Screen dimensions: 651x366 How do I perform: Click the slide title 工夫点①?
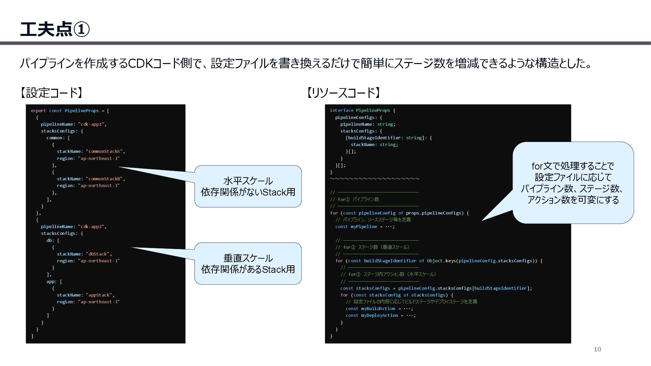coord(55,29)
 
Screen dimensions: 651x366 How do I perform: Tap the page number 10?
coord(597,349)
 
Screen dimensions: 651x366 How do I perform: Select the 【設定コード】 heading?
coord(51,93)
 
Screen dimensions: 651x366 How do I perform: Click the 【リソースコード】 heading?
coord(343,93)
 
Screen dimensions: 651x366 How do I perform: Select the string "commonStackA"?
coord(105,151)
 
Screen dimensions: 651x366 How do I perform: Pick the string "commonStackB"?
coord(105,179)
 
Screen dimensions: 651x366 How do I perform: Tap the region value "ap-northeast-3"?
coord(99,186)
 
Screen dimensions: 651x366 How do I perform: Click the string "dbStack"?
coord(98,254)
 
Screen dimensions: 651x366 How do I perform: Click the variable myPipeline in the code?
coord(363,227)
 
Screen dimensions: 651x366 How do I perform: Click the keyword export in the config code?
coord(38,111)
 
